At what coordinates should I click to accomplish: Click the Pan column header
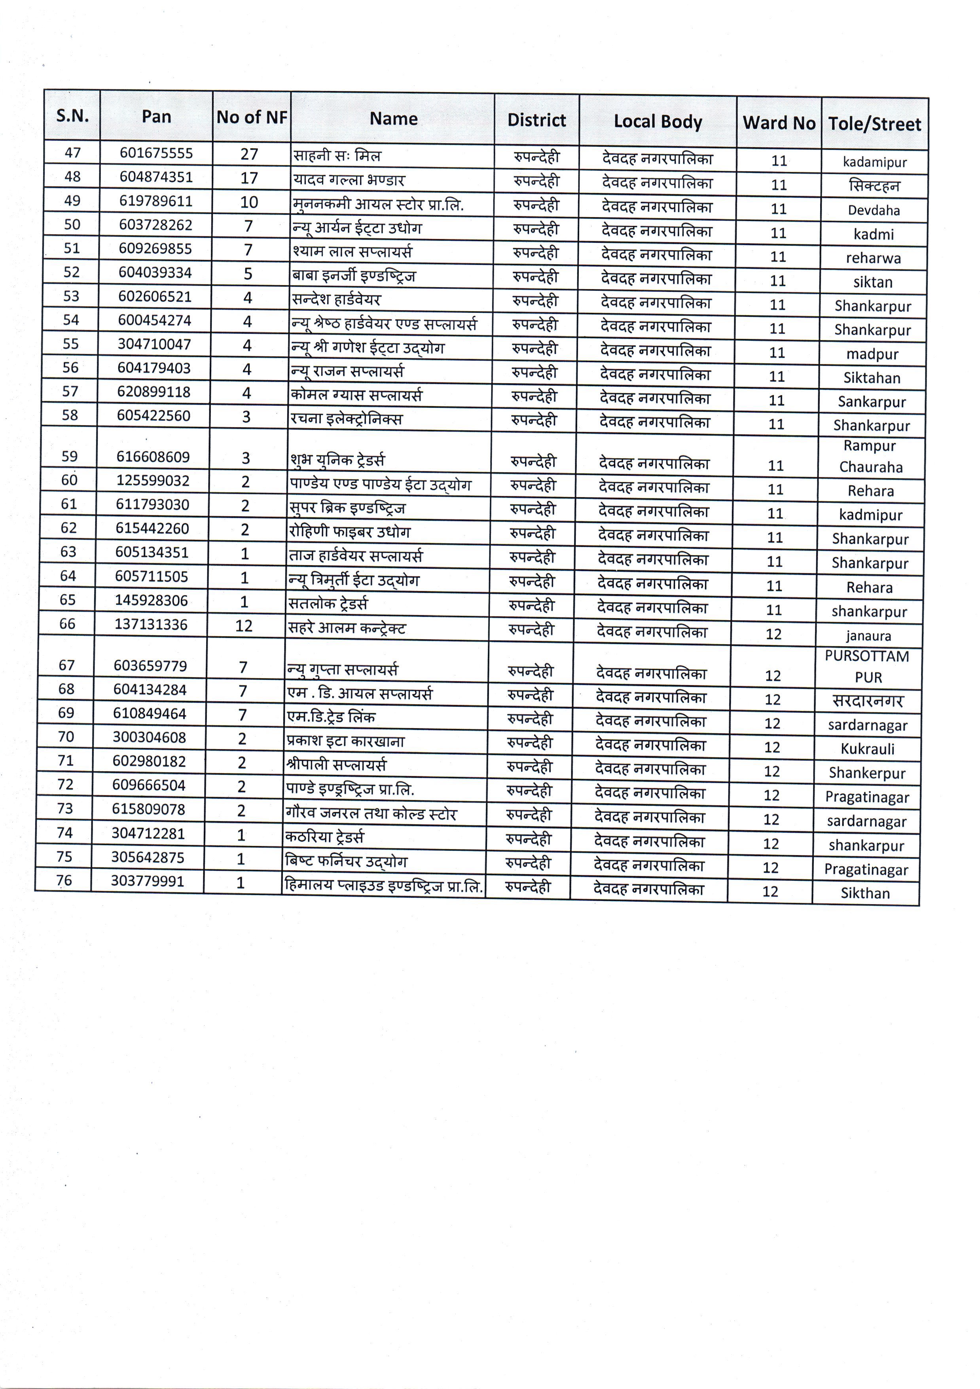pos(156,117)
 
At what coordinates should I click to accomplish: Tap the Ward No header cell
pos(779,123)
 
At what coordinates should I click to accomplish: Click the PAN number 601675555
pos(156,153)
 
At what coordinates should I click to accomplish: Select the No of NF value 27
pos(249,154)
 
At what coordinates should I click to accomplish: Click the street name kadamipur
pos(875,162)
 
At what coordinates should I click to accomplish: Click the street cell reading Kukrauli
pos(867,749)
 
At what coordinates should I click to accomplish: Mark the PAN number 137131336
pos(151,624)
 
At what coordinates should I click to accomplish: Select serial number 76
pos(64,880)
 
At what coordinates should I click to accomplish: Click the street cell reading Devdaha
pos(874,210)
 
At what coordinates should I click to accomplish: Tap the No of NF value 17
pos(249,178)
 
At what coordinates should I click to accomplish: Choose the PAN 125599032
pos(153,481)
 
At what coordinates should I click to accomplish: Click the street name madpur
pos(872,354)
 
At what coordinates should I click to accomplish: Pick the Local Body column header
pos(658,121)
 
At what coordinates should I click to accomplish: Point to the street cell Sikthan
pos(865,893)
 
